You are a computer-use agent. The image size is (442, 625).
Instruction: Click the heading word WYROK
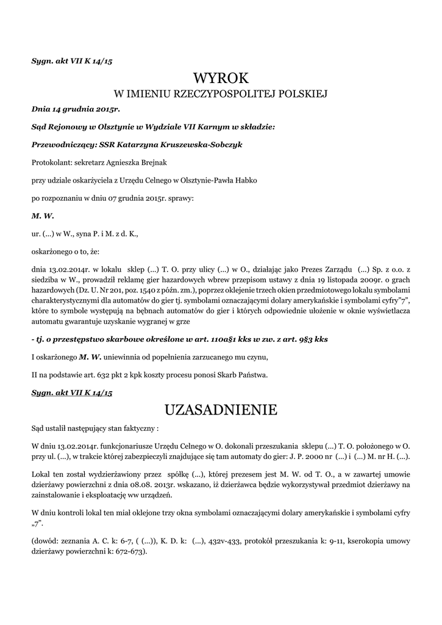(221, 78)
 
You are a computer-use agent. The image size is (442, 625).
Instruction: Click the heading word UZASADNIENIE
(221, 409)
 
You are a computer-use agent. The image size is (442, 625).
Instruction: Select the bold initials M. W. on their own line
(40, 215)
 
